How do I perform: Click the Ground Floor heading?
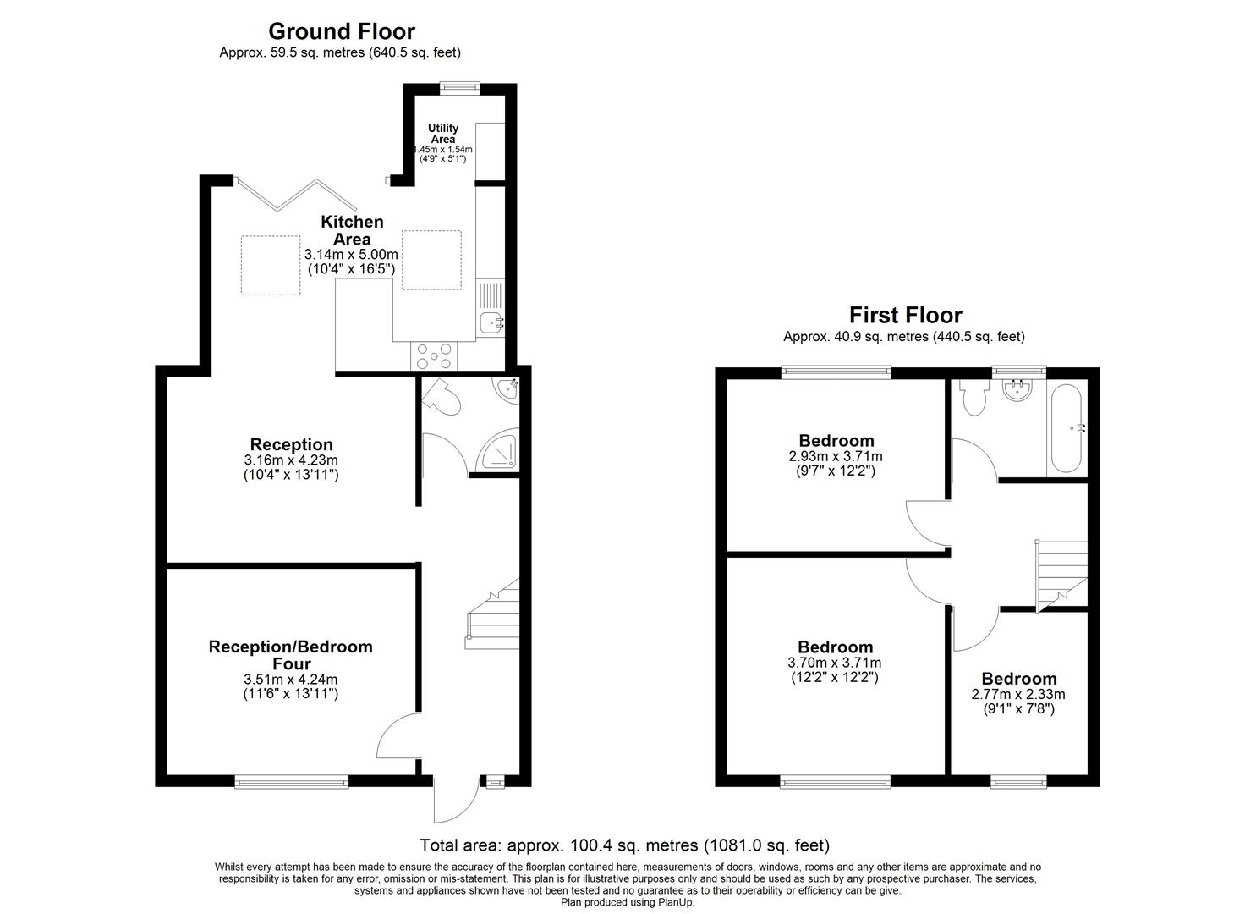341,31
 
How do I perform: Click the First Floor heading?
905,315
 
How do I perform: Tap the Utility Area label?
442,134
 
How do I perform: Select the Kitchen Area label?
352,230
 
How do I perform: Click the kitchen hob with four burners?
434,356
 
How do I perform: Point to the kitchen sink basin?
491,322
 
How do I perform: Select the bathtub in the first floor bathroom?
1065,429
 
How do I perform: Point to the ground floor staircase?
493,614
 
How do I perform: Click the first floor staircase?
1061,574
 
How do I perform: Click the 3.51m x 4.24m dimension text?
290,679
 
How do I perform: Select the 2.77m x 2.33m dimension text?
1018,694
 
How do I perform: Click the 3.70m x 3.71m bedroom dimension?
835,663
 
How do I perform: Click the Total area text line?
625,845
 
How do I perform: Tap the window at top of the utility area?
460,86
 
